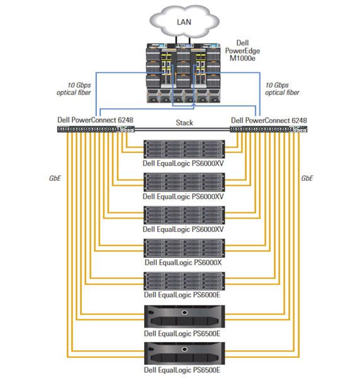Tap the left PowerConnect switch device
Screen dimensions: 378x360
click(x=94, y=129)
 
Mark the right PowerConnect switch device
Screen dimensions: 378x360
click(x=268, y=129)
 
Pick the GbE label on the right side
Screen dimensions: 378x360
click(x=308, y=178)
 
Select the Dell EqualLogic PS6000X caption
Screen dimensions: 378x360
click(x=180, y=262)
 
